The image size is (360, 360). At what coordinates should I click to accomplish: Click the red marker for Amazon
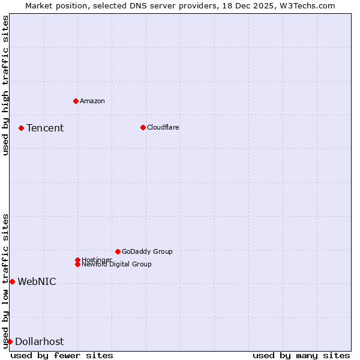tap(76, 101)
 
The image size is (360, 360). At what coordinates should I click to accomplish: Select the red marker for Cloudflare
tap(143, 127)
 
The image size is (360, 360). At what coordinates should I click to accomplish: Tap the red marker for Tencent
tap(21, 128)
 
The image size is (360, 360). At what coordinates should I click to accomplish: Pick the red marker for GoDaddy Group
tap(118, 251)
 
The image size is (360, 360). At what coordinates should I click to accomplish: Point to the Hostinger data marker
tap(77, 260)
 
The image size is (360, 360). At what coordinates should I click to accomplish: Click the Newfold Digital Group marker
tap(77, 264)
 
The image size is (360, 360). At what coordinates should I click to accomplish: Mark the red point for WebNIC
tap(12, 281)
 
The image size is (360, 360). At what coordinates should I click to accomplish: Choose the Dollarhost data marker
tap(10, 341)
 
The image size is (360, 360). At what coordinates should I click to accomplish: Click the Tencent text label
tap(45, 128)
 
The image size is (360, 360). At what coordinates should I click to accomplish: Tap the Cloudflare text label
tap(163, 127)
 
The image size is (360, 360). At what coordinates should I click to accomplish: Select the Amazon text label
tap(92, 101)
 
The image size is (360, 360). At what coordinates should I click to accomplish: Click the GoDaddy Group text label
tap(147, 251)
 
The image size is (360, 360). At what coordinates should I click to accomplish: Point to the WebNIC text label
tap(37, 281)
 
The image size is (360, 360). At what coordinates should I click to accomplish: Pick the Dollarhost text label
tap(39, 341)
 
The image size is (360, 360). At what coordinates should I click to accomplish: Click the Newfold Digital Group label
tap(116, 265)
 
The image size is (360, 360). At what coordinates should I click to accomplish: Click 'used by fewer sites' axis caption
tap(62, 355)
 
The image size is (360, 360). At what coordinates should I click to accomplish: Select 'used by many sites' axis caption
tap(301, 355)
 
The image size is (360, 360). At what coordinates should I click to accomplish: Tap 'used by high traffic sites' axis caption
tap(5, 85)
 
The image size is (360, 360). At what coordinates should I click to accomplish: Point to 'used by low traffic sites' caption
tap(5, 281)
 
